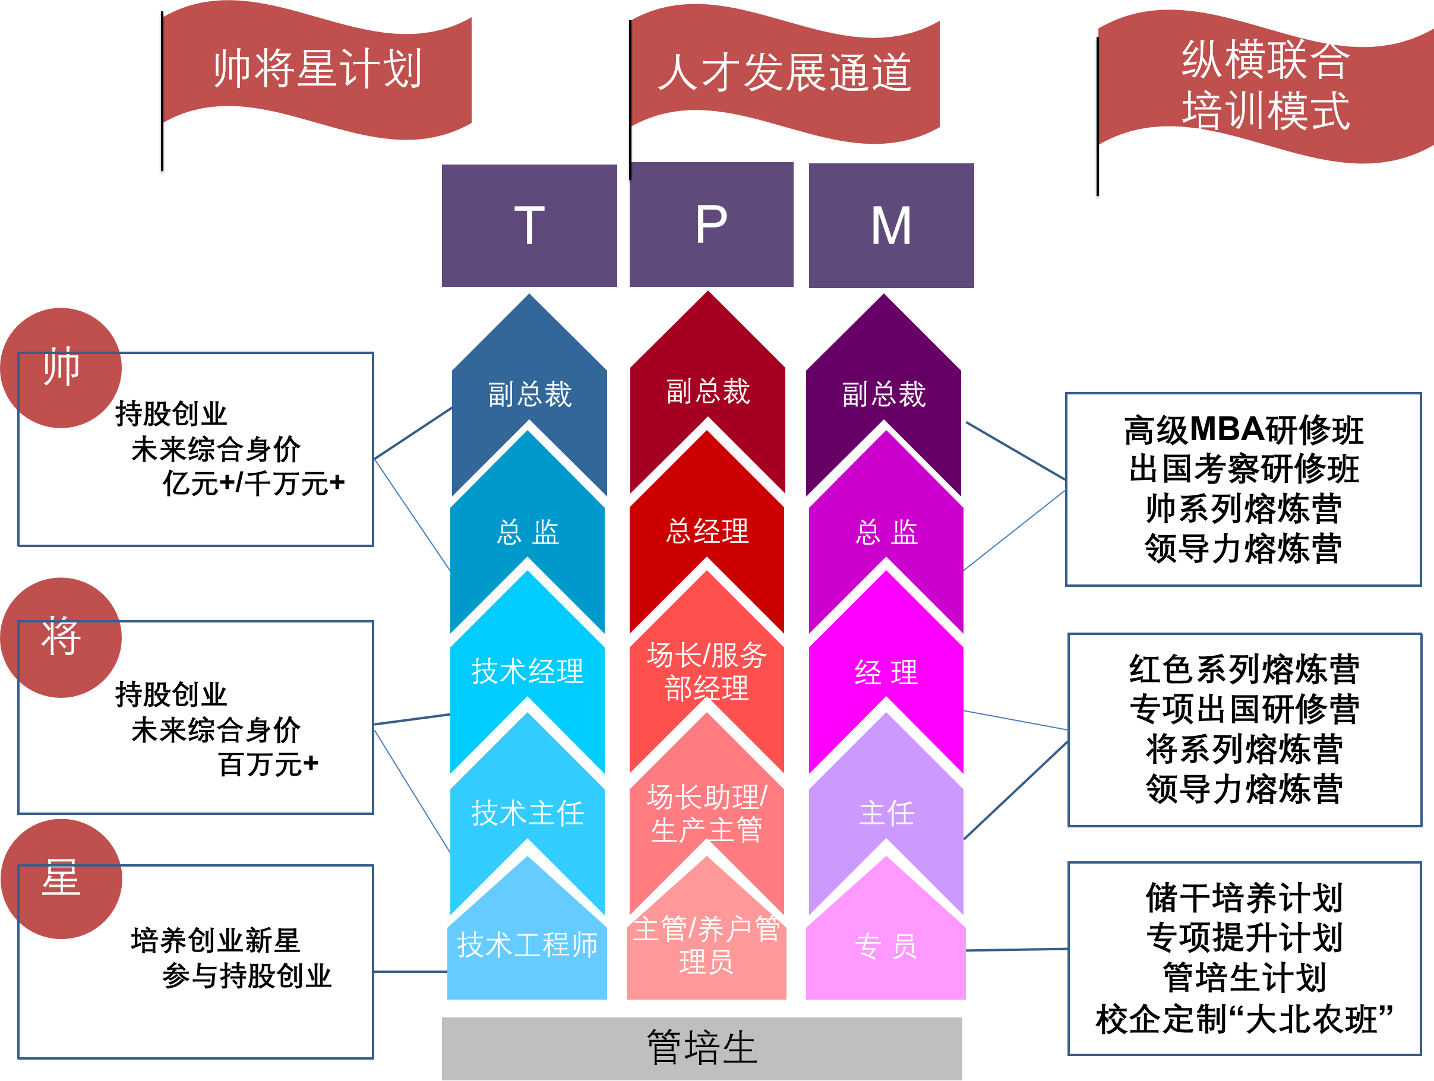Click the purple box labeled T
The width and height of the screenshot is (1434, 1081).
click(529, 225)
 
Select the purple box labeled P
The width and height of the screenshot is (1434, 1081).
click(711, 225)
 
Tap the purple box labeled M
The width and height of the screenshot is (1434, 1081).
click(892, 225)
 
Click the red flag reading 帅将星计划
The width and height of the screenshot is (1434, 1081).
click(318, 69)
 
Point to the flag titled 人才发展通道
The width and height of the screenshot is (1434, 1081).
click(784, 72)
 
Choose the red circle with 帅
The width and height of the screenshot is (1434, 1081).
click(61, 368)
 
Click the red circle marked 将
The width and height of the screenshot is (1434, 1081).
click(61, 637)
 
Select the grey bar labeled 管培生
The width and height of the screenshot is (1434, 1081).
click(702, 1047)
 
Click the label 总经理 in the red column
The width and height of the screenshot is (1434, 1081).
click(707, 532)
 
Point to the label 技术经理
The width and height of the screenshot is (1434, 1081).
click(527, 671)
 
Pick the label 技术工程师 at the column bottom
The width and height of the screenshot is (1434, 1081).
click(527, 945)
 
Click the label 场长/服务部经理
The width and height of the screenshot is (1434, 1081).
click(707, 671)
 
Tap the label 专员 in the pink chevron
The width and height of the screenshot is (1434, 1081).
click(886, 946)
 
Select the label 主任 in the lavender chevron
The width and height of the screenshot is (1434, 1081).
click(886, 813)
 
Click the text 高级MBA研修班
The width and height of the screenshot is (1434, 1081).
click(1243, 431)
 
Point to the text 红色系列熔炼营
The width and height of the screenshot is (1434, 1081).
click(1244, 669)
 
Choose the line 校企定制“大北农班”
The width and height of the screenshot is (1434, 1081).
click(1244, 1019)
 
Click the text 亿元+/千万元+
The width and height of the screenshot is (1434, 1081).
click(254, 483)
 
